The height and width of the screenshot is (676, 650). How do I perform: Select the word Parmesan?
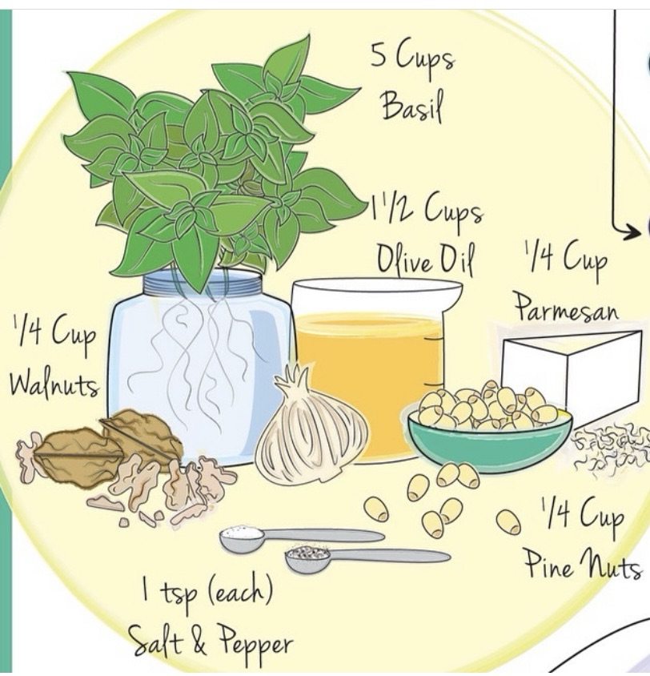567,307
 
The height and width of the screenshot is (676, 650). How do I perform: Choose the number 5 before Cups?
378,56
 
